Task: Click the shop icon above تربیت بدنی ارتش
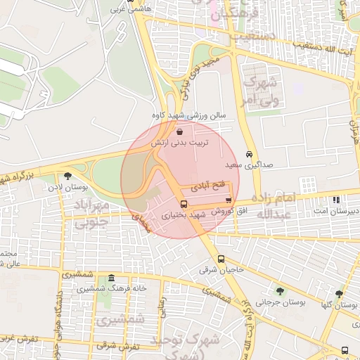click(181, 131)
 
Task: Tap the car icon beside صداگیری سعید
click(250, 153)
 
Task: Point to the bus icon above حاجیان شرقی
click(221, 258)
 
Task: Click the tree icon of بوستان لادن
click(67, 176)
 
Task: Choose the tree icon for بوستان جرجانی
click(281, 291)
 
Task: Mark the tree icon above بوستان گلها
click(339, 294)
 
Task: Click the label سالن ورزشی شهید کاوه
click(179, 115)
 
